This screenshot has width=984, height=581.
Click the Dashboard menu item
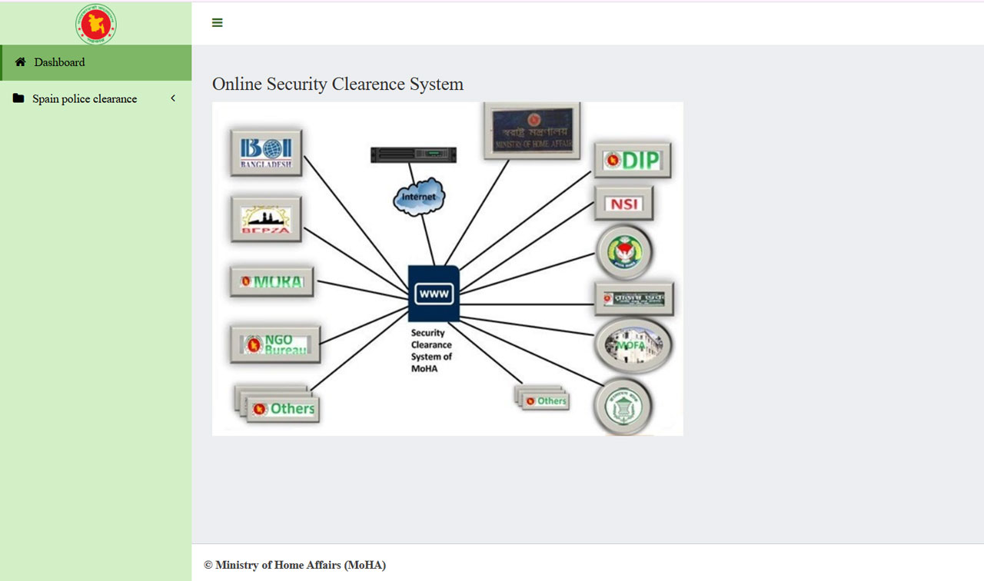[59, 62]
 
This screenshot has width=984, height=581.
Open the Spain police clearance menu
[85, 98]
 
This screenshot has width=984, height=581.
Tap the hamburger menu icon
[218, 23]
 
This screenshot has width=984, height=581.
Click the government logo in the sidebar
[96, 24]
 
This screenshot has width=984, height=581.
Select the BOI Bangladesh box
[266, 153]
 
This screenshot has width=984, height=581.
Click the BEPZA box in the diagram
[266, 220]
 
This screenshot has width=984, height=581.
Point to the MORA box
[271, 282]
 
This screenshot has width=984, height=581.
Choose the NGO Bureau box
[275, 345]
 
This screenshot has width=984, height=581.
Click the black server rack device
[414, 154]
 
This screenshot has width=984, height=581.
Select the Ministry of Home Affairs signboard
[532, 131]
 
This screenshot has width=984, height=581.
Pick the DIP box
[632, 160]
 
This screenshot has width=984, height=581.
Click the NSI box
[623, 204]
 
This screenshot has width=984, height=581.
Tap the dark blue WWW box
[434, 293]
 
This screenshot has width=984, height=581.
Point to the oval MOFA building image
[633, 346]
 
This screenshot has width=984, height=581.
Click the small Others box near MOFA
[544, 400]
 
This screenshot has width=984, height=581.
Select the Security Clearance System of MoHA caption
[431, 350]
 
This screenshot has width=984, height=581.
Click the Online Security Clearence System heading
[337, 84]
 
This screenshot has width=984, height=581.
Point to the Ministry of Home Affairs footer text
[294, 565]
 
